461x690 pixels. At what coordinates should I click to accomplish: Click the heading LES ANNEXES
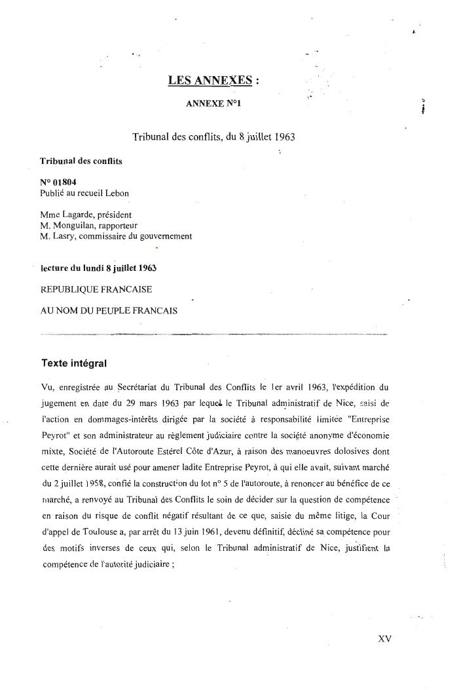[x=210, y=81]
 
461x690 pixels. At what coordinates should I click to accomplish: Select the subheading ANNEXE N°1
[x=217, y=104]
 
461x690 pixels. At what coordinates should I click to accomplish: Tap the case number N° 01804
[x=54, y=183]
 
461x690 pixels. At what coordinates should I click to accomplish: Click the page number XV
[x=384, y=638]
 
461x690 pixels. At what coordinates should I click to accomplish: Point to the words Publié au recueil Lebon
[x=84, y=193]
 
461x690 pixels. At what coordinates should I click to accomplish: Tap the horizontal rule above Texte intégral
[x=216, y=335]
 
